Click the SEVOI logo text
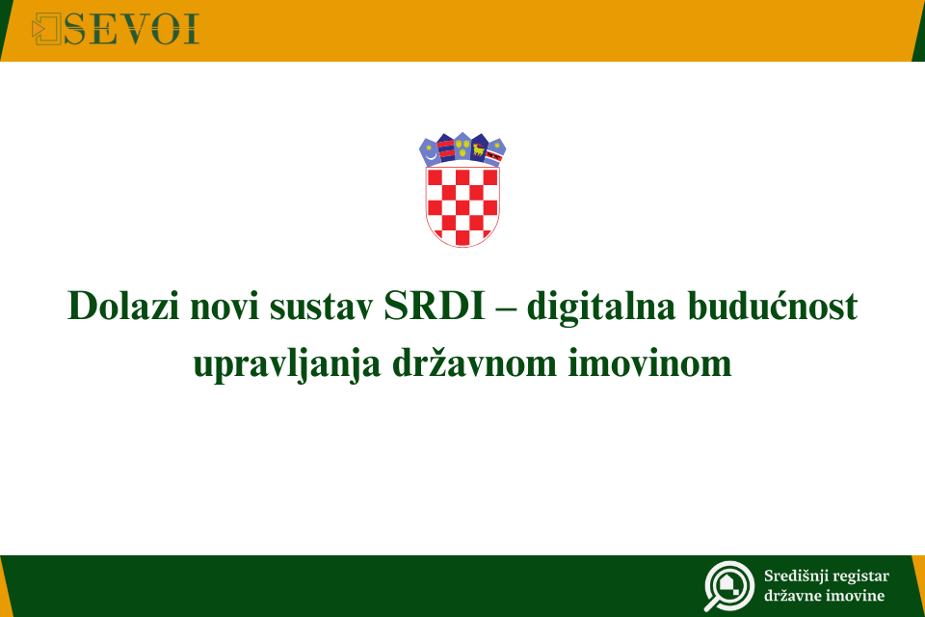click(x=131, y=29)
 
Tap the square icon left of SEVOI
click(x=46, y=29)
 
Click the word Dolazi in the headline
click(x=123, y=306)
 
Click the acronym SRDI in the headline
click(x=435, y=306)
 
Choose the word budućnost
click(x=773, y=306)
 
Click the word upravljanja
click(x=287, y=364)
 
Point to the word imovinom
click(x=649, y=362)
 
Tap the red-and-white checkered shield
click(x=462, y=206)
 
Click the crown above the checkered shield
click(x=462, y=148)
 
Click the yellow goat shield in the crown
click(x=479, y=149)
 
